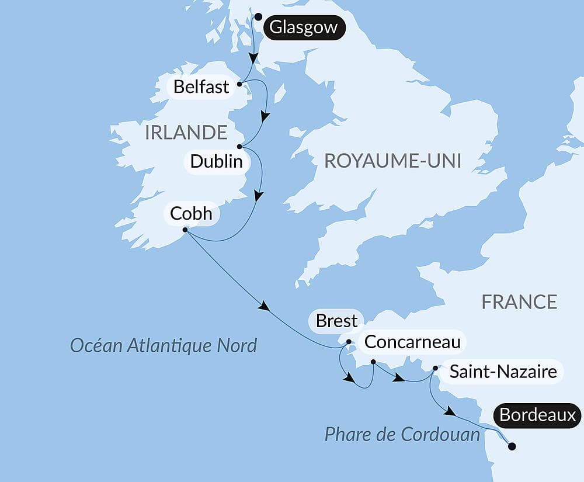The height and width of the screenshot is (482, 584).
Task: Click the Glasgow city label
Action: pos(304,27)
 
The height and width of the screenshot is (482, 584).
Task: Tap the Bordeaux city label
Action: pos(538,415)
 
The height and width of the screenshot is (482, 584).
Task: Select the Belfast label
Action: pos(201,87)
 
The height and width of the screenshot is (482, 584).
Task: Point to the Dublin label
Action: pos(215,161)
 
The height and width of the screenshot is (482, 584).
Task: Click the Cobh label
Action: pos(191,213)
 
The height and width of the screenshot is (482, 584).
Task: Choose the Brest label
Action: pos(336,321)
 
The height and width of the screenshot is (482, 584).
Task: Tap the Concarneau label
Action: pos(412,342)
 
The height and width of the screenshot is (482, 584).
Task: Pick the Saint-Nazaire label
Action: pos(503,371)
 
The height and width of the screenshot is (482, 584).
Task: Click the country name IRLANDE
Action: pos(186,133)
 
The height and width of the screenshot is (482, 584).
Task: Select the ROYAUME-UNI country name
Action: pos(392,161)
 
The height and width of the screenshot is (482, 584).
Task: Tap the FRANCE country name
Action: pos(519,301)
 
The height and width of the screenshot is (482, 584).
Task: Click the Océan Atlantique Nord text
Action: pos(164,345)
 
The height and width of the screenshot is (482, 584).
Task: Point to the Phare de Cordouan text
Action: pos(402,434)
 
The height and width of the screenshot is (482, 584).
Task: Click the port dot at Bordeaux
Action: pos(512,446)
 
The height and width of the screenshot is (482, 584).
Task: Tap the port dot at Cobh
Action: pos(185,230)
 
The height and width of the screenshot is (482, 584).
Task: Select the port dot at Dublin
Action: pos(239,147)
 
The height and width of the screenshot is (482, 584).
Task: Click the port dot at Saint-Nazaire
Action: pos(435,369)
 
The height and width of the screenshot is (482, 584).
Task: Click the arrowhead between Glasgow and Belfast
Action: pos(253,58)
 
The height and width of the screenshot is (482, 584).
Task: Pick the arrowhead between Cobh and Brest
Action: pos(265,306)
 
